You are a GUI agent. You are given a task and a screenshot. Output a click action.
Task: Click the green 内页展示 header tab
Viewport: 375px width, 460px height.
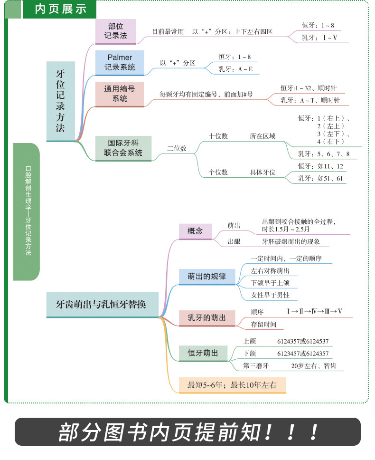(x=59, y=9)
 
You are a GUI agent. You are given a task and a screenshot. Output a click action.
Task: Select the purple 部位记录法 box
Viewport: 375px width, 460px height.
(x=116, y=31)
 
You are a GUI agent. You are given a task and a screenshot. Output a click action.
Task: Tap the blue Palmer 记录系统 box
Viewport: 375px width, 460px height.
(x=120, y=62)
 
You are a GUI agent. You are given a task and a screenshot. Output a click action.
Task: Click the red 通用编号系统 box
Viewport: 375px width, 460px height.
(x=120, y=94)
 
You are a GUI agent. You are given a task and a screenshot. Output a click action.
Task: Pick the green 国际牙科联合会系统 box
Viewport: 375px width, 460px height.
(x=123, y=148)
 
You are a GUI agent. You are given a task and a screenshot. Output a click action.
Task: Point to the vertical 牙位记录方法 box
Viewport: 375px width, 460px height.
(x=61, y=101)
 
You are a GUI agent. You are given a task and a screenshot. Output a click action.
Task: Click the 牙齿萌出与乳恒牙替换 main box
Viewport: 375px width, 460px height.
(x=102, y=305)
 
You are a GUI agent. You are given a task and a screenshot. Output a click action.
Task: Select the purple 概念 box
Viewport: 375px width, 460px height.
(x=196, y=231)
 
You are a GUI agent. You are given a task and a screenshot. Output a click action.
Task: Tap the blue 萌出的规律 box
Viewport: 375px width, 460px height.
(x=207, y=277)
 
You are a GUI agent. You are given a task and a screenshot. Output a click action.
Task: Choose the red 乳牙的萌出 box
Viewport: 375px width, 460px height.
(x=207, y=318)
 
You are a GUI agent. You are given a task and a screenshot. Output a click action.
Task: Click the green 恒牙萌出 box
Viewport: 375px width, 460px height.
(x=203, y=353)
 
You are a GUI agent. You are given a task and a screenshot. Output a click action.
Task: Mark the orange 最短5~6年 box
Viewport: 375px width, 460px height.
(x=232, y=385)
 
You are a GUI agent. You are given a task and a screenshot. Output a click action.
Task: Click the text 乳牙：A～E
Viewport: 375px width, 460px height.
(x=235, y=69)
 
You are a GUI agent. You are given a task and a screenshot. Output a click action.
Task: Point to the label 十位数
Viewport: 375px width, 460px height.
(x=218, y=136)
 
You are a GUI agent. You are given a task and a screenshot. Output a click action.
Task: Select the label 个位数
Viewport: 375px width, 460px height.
(x=218, y=172)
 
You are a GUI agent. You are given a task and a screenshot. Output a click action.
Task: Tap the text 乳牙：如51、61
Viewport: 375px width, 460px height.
(x=320, y=178)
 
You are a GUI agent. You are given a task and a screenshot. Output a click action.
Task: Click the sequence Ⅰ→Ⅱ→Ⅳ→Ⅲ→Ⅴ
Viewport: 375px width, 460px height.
(x=315, y=311)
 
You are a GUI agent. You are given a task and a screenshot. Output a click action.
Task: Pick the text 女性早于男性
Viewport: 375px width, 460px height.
(x=270, y=295)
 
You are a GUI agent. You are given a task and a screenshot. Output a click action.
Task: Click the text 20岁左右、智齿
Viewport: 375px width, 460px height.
(x=314, y=366)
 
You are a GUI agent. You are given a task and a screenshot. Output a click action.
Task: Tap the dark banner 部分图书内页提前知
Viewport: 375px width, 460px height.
(x=188, y=432)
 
